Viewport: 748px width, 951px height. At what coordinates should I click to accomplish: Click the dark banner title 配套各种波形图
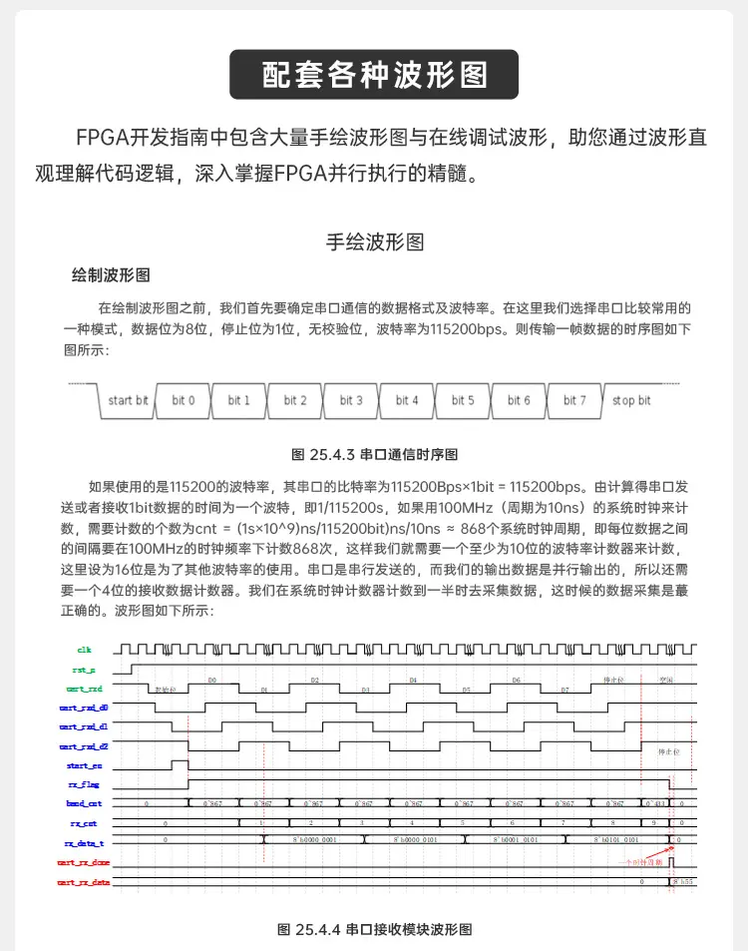[x=374, y=75]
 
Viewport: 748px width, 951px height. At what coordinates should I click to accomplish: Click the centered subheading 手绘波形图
[x=374, y=241]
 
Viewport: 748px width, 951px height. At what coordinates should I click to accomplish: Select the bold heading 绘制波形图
[x=111, y=275]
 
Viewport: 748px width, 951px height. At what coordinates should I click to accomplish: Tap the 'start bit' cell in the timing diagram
[x=128, y=400]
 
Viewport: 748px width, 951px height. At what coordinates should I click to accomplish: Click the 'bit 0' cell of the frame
[x=184, y=400]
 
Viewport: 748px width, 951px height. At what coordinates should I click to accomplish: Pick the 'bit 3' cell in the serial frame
[x=351, y=400]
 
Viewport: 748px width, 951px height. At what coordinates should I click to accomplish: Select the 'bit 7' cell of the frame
[x=574, y=400]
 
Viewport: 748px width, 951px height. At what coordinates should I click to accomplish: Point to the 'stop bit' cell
[x=631, y=400]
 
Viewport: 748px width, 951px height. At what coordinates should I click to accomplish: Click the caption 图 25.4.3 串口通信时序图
[x=374, y=454]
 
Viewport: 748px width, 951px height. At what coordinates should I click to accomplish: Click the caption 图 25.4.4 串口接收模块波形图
[x=374, y=929]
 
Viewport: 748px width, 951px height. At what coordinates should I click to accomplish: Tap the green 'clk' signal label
[x=84, y=650]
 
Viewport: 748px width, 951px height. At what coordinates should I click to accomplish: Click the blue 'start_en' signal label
[x=84, y=765]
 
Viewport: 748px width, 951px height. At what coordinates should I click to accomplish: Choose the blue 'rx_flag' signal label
[x=84, y=784]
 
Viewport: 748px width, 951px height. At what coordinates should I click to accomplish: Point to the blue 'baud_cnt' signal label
[x=84, y=803]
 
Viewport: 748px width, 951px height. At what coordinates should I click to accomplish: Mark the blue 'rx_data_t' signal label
[x=84, y=843]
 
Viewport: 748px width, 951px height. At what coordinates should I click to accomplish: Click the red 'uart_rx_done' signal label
[x=84, y=862]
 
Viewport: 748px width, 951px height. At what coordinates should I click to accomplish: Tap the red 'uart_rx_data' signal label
[x=84, y=882]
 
